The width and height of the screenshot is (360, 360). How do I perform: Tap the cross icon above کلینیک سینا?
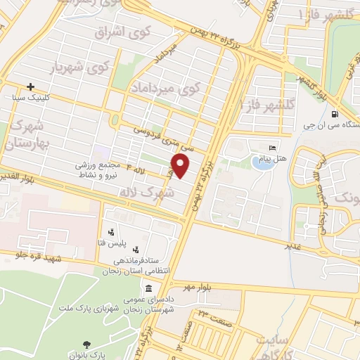[30, 86]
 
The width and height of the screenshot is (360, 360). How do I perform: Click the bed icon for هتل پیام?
[273, 148]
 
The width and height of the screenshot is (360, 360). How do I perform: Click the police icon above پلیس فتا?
[111, 232]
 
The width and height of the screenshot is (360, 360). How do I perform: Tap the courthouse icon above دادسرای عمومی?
[149, 288]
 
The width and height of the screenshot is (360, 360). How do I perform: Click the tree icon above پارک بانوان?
[86, 344]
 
